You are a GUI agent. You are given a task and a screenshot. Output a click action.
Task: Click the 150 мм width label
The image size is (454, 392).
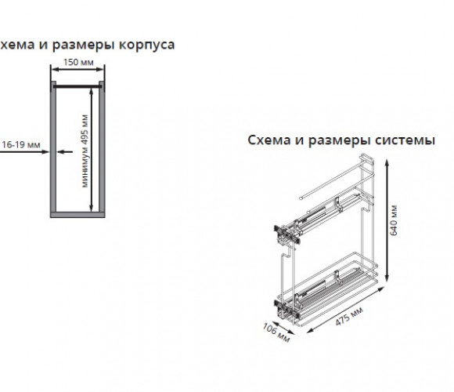click(x=78, y=63)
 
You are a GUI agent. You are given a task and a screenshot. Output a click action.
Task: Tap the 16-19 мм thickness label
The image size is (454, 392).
click(x=21, y=144)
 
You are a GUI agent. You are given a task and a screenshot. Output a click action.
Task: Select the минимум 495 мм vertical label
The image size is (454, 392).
click(x=85, y=151)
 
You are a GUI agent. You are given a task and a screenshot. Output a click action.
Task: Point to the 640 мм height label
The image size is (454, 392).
click(x=394, y=220)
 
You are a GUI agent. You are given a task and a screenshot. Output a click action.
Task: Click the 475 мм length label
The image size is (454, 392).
click(x=349, y=316)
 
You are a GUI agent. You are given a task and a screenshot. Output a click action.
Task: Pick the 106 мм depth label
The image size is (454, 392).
click(x=276, y=332)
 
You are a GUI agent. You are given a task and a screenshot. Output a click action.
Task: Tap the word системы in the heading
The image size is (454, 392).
click(x=405, y=140)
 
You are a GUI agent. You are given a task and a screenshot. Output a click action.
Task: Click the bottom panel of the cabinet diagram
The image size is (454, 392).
click(x=77, y=215)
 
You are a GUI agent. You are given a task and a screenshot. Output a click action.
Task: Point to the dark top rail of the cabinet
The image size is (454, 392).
click(x=77, y=86)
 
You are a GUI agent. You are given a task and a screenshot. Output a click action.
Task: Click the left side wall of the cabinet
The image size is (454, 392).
click(x=53, y=148)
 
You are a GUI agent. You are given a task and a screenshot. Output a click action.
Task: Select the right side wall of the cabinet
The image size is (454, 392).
click(x=102, y=148)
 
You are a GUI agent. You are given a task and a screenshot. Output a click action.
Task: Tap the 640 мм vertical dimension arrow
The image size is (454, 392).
click(x=387, y=220)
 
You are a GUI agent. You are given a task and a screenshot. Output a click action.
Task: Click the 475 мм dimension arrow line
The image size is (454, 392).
click(x=345, y=310)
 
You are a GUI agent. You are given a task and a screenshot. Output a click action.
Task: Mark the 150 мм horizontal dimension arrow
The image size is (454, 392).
click(x=77, y=69)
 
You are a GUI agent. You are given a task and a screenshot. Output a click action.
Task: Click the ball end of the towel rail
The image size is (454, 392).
click(x=301, y=198)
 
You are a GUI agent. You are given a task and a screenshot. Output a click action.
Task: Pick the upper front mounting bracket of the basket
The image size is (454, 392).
click(x=286, y=234)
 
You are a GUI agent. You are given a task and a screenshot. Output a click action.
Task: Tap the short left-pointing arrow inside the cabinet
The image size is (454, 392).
click(x=65, y=151)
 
